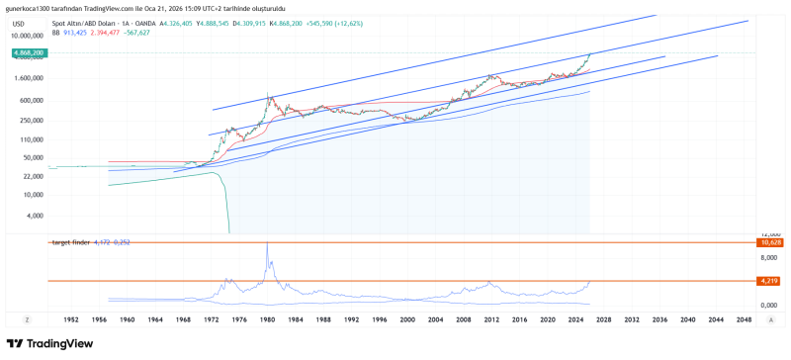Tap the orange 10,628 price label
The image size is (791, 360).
(x=770, y=242)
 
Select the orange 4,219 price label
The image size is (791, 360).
(x=770, y=281)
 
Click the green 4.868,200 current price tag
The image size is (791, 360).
(x=28, y=51)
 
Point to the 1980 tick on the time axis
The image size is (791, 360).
(x=266, y=320)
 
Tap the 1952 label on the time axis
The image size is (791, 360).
(x=71, y=320)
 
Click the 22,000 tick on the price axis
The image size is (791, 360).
(x=32, y=176)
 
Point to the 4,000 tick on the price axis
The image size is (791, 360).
(x=35, y=215)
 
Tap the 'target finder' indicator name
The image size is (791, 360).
(x=73, y=242)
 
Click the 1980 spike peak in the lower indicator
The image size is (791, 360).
(x=267, y=246)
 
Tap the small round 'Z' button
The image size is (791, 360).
(x=28, y=320)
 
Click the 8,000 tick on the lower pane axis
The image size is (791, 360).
(x=770, y=258)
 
